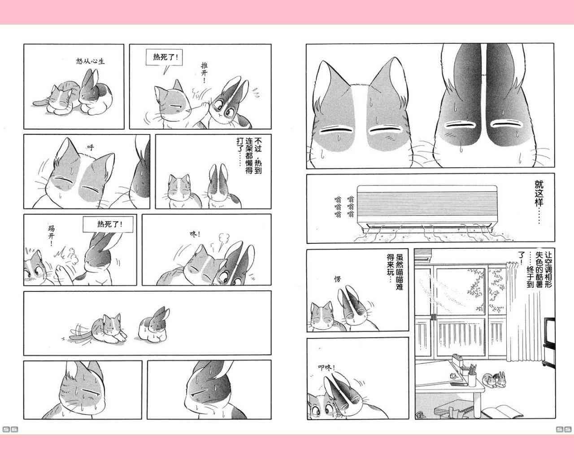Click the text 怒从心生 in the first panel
click(x=90, y=61)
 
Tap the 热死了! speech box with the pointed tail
click(x=164, y=57)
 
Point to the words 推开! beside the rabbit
click(x=204, y=72)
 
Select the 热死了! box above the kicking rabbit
click(x=108, y=224)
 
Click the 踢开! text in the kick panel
click(x=51, y=236)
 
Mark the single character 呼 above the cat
click(x=91, y=147)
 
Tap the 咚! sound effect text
click(x=195, y=234)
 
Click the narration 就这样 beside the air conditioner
click(x=539, y=201)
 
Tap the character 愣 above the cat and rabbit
click(x=337, y=279)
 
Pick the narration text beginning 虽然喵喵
click(x=395, y=272)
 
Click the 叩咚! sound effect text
click(x=326, y=368)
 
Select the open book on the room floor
click(x=502, y=411)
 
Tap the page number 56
click(x=10, y=429)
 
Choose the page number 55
click(x=564, y=429)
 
